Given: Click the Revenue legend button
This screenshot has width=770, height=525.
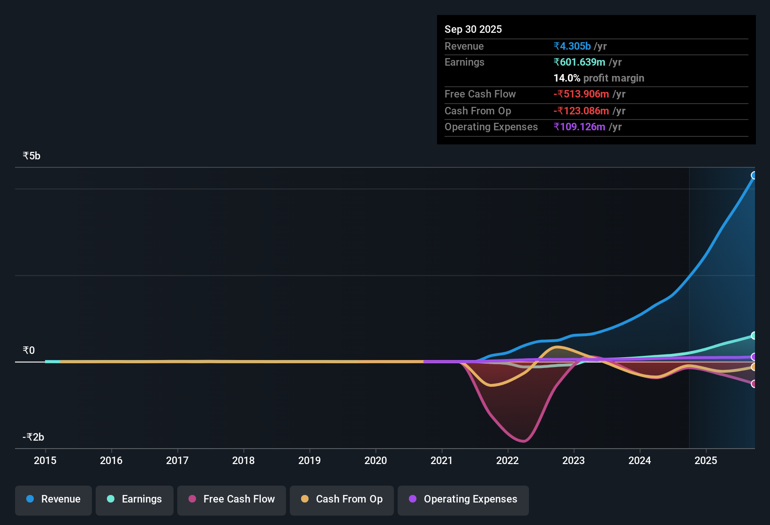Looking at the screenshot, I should (x=53, y=499).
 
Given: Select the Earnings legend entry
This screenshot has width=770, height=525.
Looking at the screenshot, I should (x=135, y=499).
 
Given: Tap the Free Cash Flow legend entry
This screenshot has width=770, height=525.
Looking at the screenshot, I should (x=232, y=499).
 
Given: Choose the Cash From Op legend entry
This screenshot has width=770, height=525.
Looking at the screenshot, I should (x=342, y=499).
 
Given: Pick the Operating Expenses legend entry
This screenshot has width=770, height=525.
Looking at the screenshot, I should (x=463, y=499).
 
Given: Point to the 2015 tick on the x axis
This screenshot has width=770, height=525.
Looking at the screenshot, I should (x=45, y=460).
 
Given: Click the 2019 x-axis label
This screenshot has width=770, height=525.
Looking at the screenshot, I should (x=310, y=460).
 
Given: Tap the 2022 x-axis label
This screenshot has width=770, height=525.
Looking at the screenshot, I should (x=507, y=460).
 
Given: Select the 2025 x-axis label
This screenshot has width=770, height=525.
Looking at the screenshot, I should (x=706, y=460).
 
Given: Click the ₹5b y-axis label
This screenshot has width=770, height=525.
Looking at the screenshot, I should (x=31, y=156).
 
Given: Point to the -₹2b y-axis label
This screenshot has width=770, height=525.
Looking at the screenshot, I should (x=33, y=437).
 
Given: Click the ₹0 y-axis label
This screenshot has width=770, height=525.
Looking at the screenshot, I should (x=29, y=351).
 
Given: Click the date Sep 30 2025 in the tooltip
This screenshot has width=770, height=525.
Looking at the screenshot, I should (x=473, y=29).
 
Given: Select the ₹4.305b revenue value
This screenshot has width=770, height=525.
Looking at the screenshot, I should (x=572, y=46).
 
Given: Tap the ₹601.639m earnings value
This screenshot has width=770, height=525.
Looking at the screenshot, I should (x=579, y=62).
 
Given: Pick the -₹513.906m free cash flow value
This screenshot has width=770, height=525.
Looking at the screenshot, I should (x=581, y=94).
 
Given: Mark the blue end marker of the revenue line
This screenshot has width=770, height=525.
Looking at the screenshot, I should (x=754, y=175).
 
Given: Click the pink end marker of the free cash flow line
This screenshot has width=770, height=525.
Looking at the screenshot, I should (x=754, y=384).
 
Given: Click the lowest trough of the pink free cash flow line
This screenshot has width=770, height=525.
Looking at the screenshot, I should (x=523, y=441).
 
